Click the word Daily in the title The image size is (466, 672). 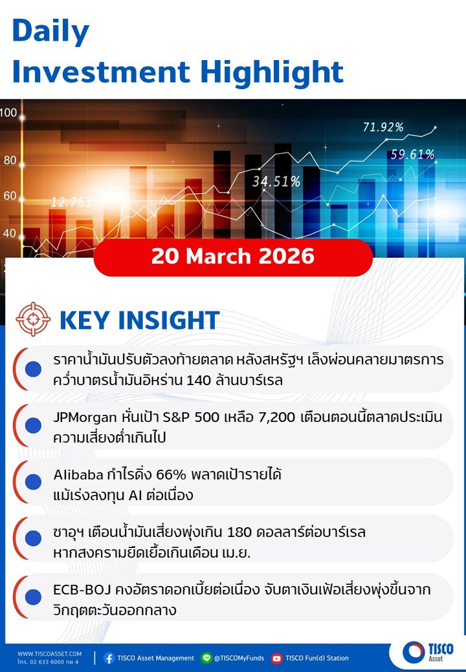click(50, 32)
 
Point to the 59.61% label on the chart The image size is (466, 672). click(412, 154)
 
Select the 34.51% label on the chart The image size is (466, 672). click(276, 182)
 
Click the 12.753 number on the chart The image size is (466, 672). click(71, 202)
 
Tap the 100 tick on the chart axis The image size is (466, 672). click(8, 113)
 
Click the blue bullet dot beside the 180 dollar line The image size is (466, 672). click(33, 538)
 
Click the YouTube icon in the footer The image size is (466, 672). click(277, 658)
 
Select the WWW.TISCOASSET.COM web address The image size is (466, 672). click(49, 654)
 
